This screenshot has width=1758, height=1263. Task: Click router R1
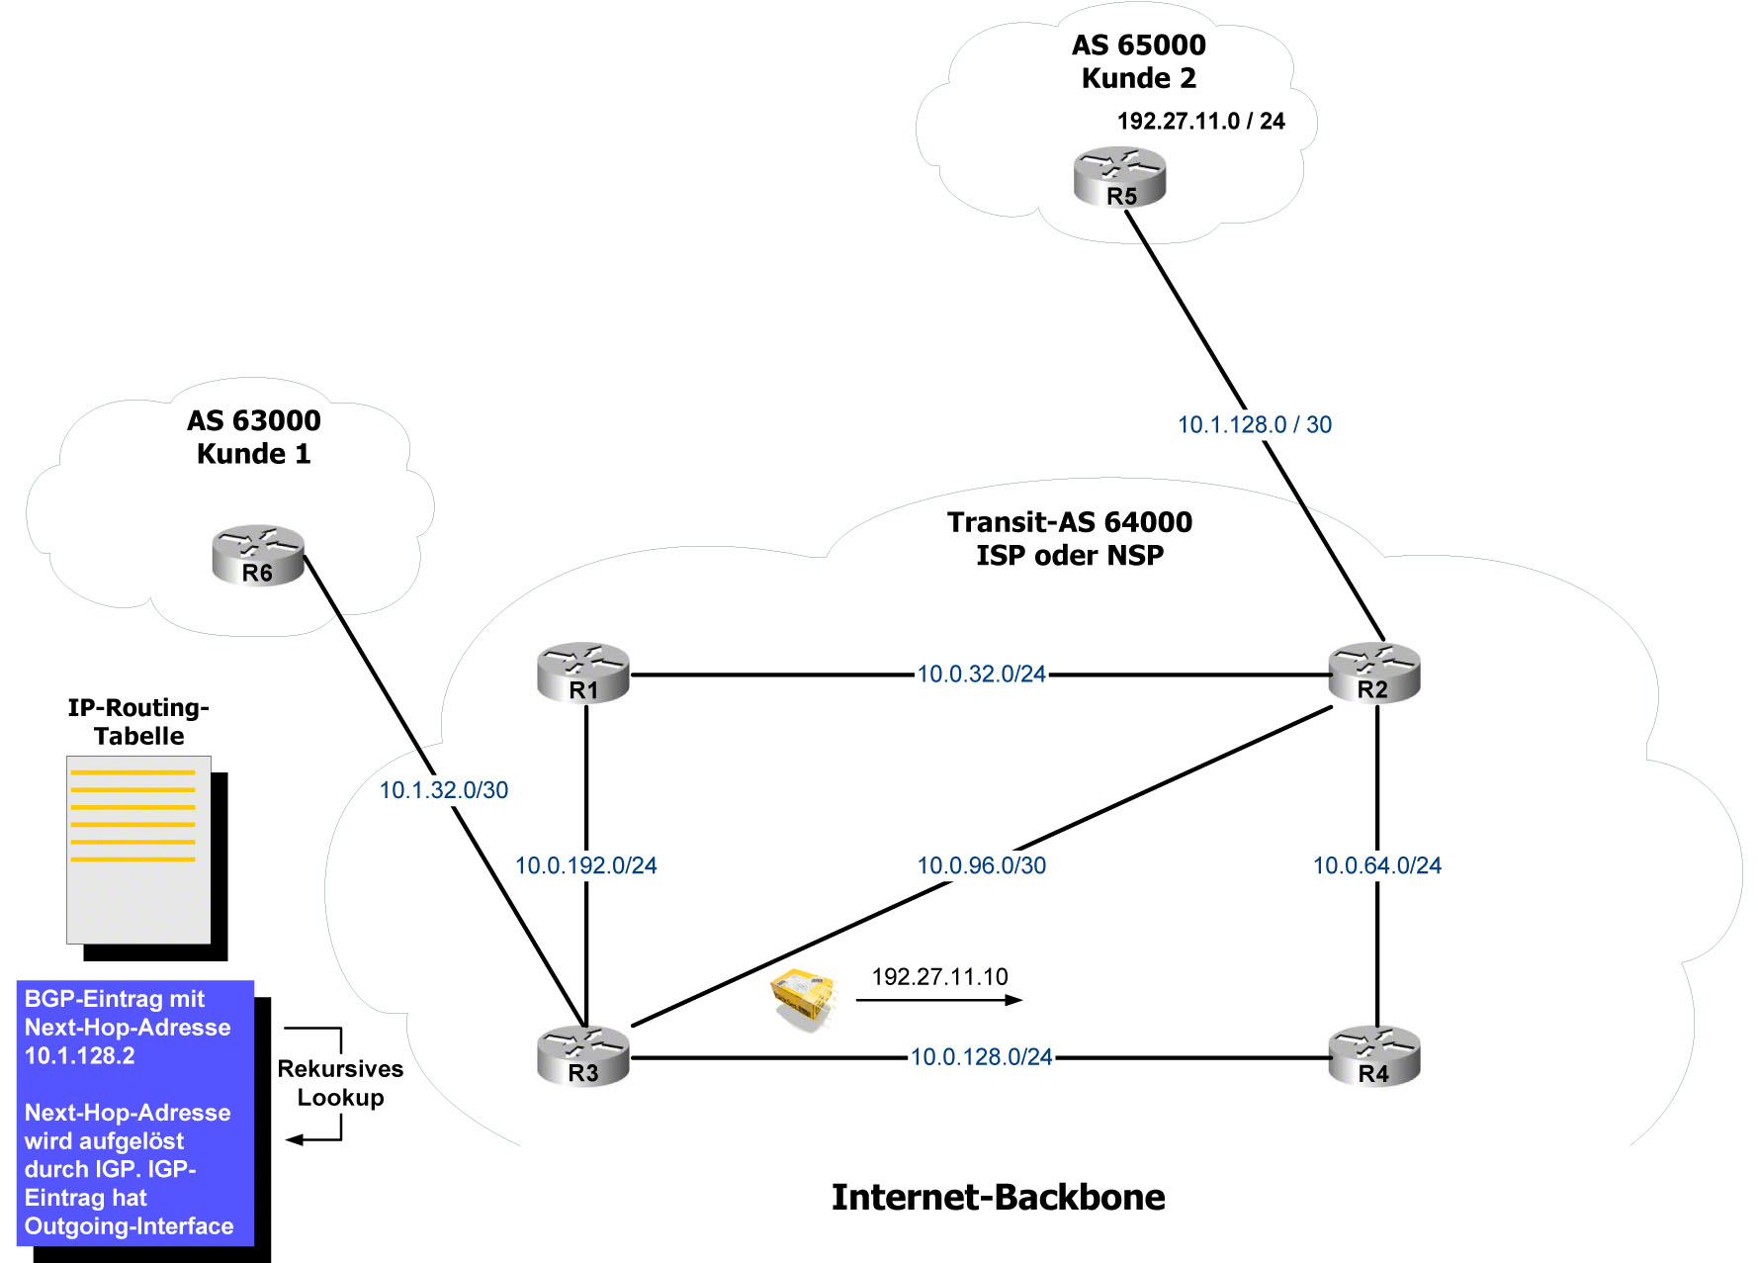coord(583,674)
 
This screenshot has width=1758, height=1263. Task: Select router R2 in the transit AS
coord(1374,674)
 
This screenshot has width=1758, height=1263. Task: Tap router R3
coord(583,1056)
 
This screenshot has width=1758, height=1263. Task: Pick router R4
coord(1374,1056)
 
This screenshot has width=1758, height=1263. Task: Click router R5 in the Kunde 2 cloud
coord(1120,178)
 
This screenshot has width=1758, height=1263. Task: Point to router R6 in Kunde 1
coord(258,556)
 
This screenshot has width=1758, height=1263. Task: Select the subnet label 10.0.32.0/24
coord(981,675)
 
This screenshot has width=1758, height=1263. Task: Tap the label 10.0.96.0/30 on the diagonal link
coord(981,865)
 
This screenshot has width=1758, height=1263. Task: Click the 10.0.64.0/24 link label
coord(1376,865)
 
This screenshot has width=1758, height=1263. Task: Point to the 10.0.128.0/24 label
coord(981,1057)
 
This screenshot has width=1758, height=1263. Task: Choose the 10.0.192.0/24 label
coord(585,865)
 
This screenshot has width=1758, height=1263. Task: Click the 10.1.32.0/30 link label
coord(444,790)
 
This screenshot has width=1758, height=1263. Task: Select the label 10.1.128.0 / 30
coord(1254,424)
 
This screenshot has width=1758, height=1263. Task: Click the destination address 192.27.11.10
coord(939,977)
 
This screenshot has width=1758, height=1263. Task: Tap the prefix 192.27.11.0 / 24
coord(1200,121)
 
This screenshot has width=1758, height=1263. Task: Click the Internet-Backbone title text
coord(998,1198)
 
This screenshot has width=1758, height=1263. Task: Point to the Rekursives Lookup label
coord(340,1083)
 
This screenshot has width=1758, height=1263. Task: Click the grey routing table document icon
coord(139,850)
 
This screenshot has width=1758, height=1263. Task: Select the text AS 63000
coord(254,420)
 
